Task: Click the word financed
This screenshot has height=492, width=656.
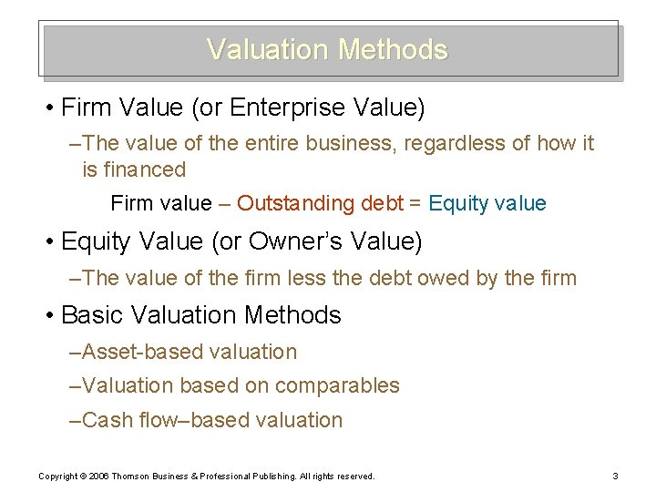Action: coord(146,169)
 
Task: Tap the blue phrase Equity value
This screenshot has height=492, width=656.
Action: coord(487,204)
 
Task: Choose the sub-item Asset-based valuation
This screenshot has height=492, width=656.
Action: coord(189,352)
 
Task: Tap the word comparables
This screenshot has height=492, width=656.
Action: coord(337,386)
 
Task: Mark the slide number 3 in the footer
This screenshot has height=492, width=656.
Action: coord(616,476)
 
